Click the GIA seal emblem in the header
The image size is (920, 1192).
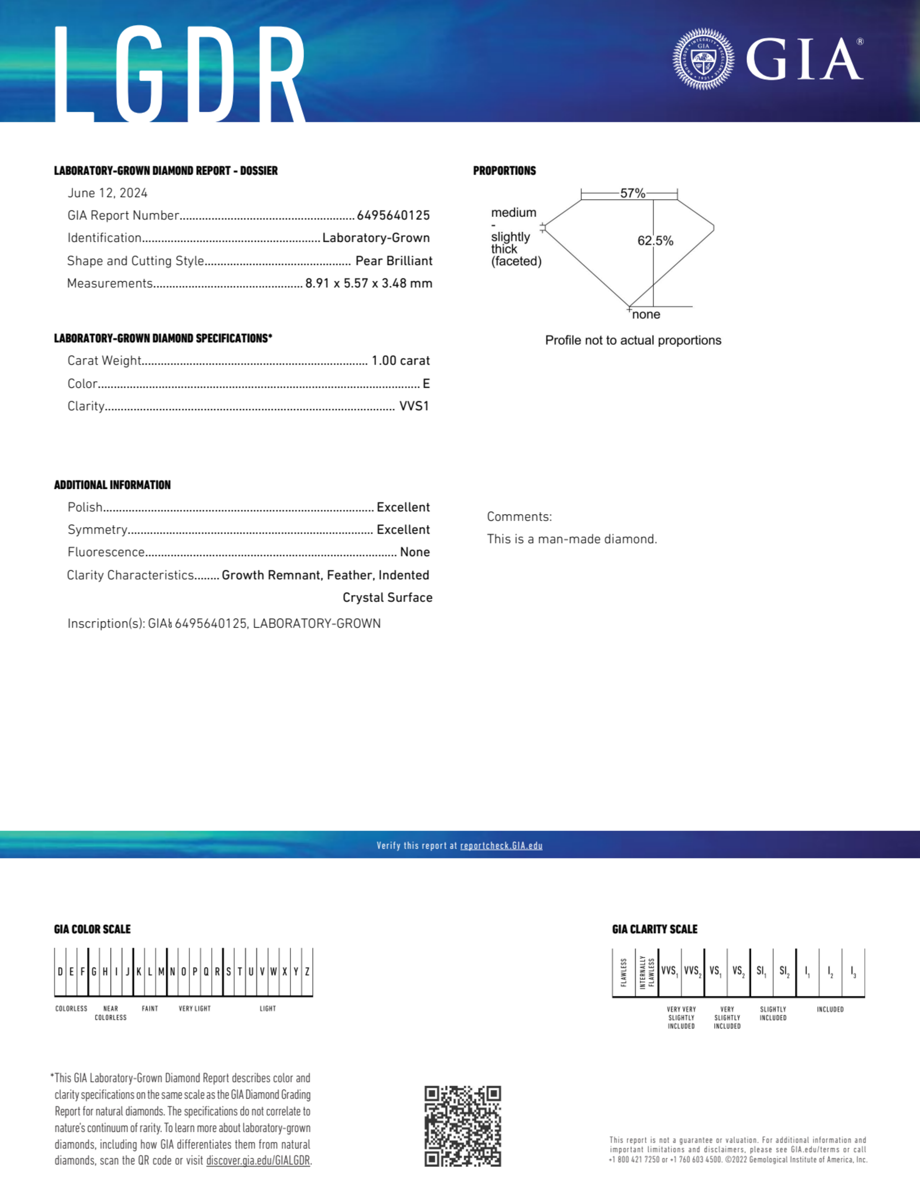click(703, 59)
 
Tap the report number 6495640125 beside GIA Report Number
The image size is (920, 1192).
click(393, 215)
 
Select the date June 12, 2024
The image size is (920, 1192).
click(108, 193)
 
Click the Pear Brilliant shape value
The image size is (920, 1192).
click(394, 261)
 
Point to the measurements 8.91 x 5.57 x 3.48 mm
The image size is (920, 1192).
click(369, 283)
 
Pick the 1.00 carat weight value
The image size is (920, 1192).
click(400, 361)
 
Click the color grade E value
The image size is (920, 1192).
click(426, 384)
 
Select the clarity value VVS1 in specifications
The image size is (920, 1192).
click(414, 406)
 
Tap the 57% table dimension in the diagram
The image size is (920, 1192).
click(633, 193)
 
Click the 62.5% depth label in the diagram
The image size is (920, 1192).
click(655, 241)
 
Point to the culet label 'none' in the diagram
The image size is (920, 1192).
click(646, 314)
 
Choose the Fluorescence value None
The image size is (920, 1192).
click(414, 552)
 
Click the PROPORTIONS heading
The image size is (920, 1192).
click(504, 171)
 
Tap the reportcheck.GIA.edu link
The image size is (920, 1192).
click(501, 845)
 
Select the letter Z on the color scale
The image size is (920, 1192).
click(307, 972)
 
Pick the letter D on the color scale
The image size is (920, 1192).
click(60, 972)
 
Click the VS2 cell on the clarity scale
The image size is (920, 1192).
click(738, 972)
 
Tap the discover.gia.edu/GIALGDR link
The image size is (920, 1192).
click(258, 1160)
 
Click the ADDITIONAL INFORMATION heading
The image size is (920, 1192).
click(112, 485)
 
